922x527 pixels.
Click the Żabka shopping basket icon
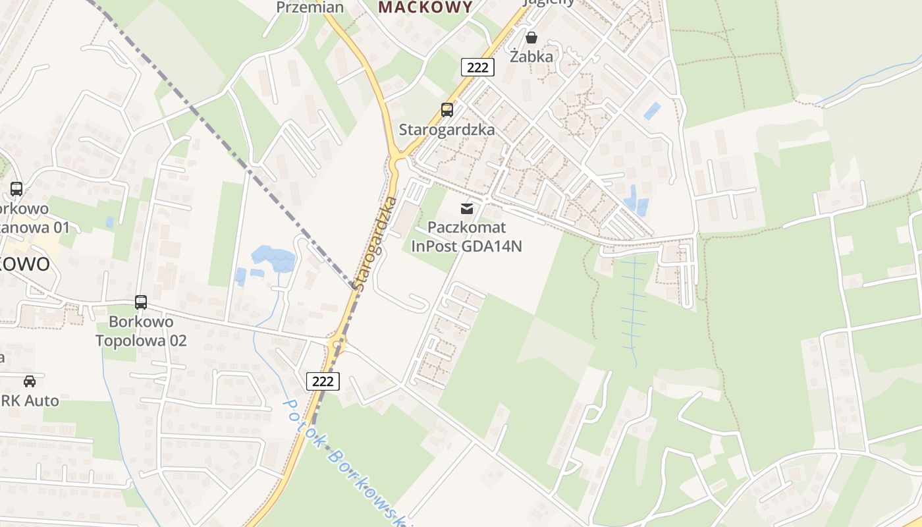tap(531, 38)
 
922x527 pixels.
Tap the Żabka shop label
tap(531, 57)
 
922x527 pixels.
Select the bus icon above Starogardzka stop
tap(447, 110)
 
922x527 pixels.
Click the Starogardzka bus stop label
tap(447, 129)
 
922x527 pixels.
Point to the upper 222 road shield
tap(477, 67)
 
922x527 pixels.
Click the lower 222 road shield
tap(323, 381)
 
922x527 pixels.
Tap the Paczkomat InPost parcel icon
tap(467, 209)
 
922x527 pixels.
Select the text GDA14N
tap(491, 246)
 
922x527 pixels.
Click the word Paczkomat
tap(467, 228)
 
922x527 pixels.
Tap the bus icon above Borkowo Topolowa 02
tap(141, 302)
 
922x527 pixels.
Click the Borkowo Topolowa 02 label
tap(141, 331)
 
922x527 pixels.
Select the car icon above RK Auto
tap(30, 381)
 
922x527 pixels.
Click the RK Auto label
tap(30, 401)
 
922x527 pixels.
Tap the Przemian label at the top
tap(310, 7)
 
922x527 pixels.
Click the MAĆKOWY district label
tap(426, 7)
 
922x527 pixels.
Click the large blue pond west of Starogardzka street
tap(273, 258)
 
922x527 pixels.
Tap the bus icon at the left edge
tap(16, 189)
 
